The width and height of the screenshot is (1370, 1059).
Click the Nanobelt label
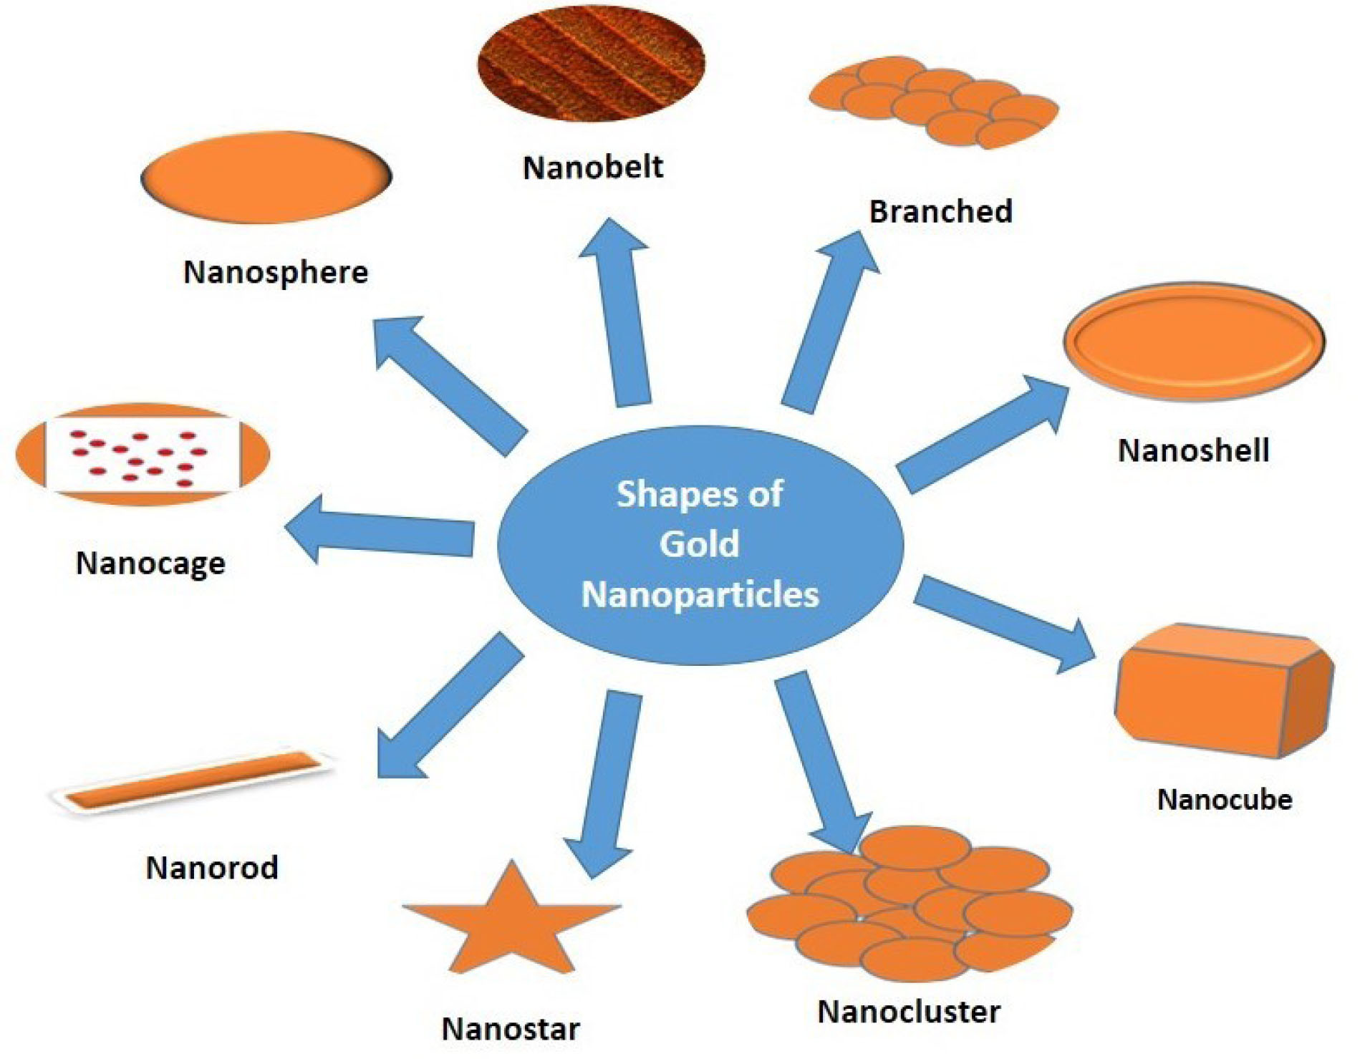pos(593,168)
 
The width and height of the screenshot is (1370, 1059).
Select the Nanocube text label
pos(1225,800)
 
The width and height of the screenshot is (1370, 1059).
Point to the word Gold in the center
pos(699,544)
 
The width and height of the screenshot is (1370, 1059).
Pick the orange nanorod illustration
pos(193,780)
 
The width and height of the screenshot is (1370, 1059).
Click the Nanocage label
pos(150,564)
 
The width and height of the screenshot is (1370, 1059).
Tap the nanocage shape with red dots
pos(143,455)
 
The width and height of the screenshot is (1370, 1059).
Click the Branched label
pos(940,212)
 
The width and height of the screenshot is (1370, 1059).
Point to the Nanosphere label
pos(276,273)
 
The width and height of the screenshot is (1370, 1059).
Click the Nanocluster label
pos(909,1012)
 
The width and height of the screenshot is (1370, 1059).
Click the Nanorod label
pos(212,868)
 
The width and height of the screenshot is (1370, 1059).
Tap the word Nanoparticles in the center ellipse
pos(700,594)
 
